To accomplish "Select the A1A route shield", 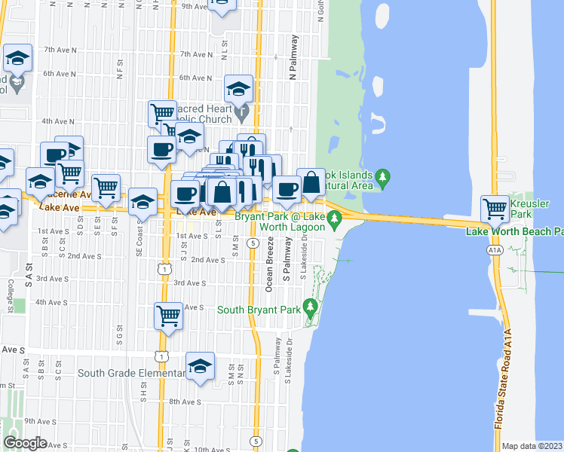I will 495,249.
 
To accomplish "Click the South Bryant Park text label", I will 258,309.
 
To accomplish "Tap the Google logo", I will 25,443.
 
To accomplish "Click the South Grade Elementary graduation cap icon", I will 200,366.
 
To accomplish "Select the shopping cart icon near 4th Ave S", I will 167,316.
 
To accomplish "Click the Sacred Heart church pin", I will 242,114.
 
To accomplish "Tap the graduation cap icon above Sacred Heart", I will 238,90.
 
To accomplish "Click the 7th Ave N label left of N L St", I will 197,54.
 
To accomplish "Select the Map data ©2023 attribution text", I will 532,446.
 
